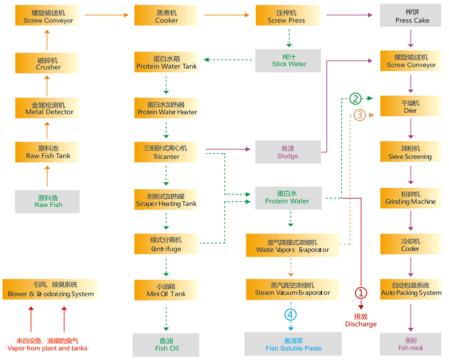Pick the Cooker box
point(166,16)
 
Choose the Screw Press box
point(287,16)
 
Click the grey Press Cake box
point(411,16)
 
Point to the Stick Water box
point(288,60)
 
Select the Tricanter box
point(166,152)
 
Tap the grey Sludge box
point(288,152)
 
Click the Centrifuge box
point(166,244)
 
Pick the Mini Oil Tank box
point(166,290)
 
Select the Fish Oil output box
point(166,345)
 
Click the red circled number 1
point(361,293)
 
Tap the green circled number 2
point(355,98)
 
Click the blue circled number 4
point(291,315)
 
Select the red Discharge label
point(361,320)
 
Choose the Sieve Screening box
point(411,152)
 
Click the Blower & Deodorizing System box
point(50,290)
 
